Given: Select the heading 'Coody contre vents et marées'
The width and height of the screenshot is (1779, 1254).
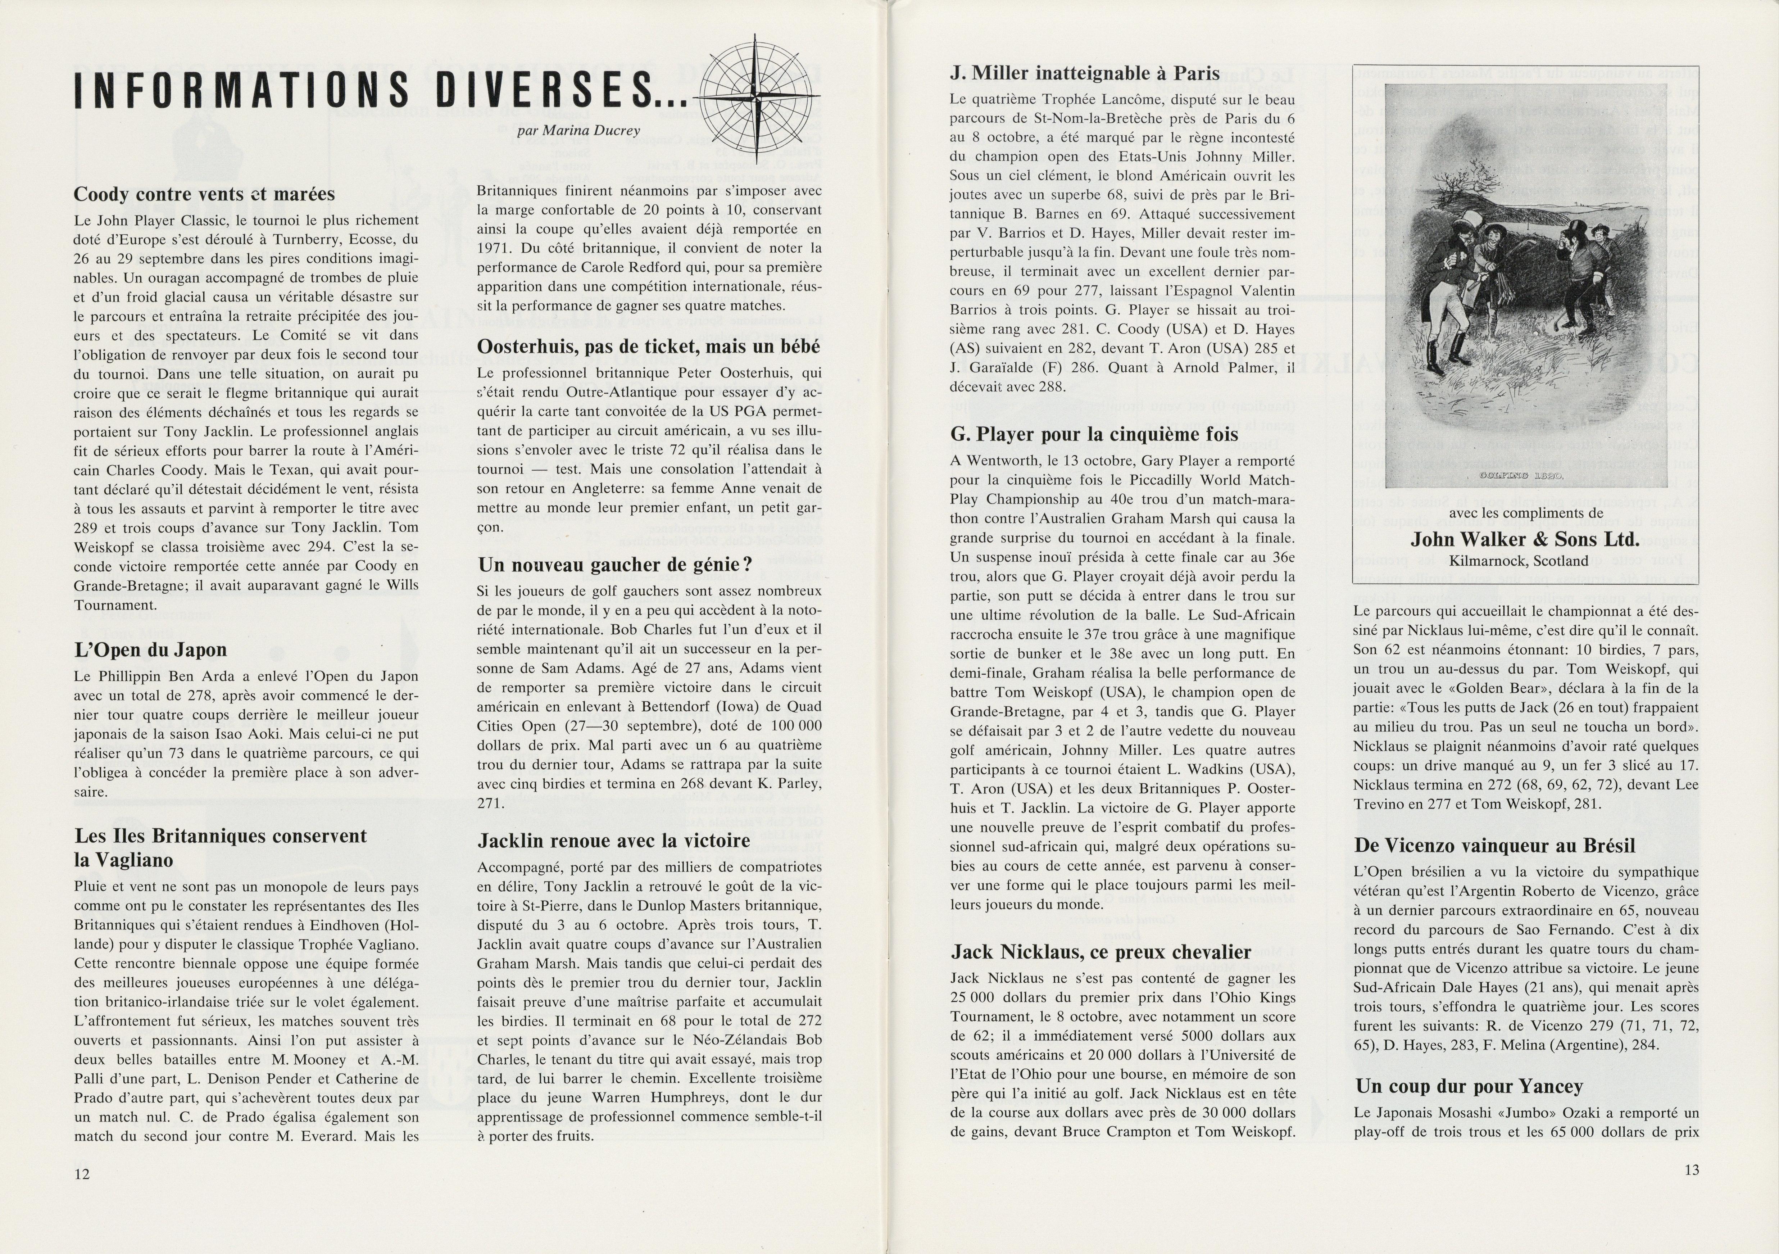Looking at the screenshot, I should pyautogui.click(x=204, y=194).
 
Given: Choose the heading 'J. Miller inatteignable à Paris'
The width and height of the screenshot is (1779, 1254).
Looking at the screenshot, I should pyautogui.click(x=1085, y=74).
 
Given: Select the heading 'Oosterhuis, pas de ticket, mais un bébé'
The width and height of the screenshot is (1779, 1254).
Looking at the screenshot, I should pyautogui.click(x=649, y=347).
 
